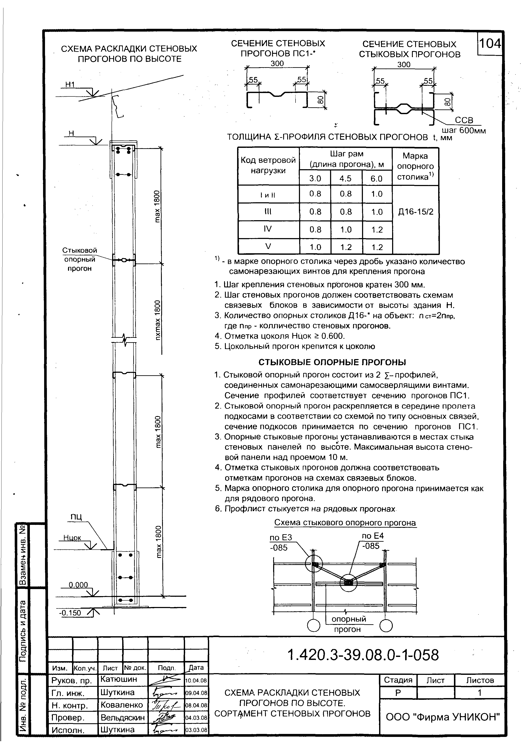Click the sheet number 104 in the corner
pyautogui.click(x=489, y=44)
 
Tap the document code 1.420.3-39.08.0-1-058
pyautogui.click(x=363, y=655)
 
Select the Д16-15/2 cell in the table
pyautogui.click(x=416, y=212)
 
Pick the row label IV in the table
pyautogui.click(x=268, y=229)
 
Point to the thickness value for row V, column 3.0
pyautogui.click(x=315, y=247)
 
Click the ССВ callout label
pyautogui.click(x=464, y=120)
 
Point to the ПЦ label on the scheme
pyautogui.click(x=76, y=517)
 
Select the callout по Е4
pyautogui.click(x=372, y=536)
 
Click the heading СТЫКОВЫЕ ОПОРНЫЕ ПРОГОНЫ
pyautogui.click(x=332, y=362)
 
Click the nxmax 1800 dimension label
pyautogui.click(x=158, y=320)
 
